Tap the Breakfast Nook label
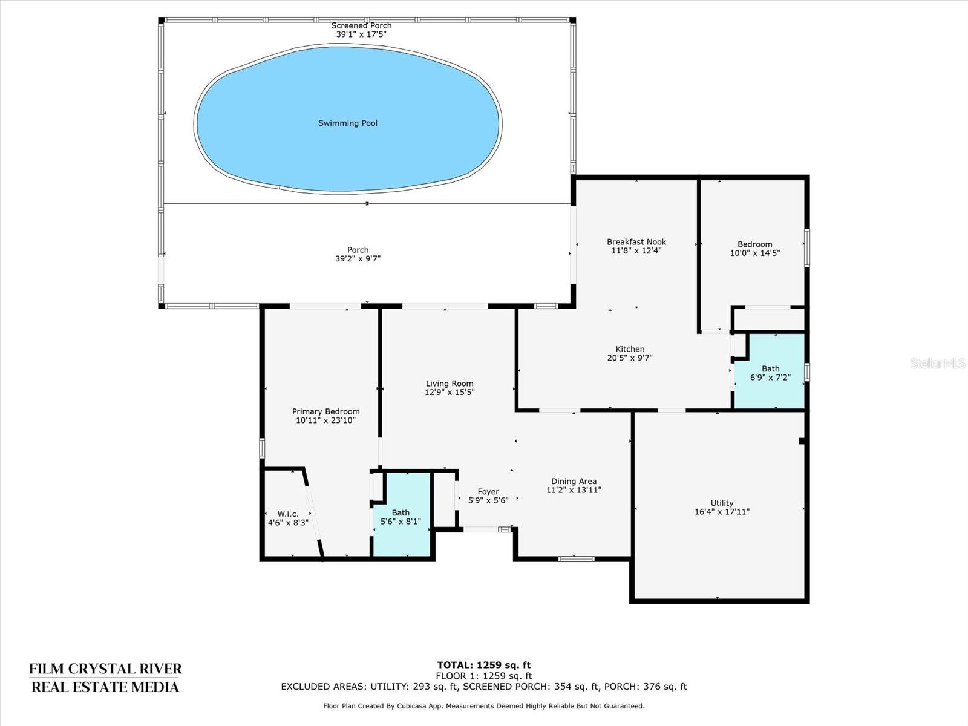click(x=636, y=242)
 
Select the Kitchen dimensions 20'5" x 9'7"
click(x=630, y=358)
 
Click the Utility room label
click(x=722, y=503)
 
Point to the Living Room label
click(x=450, y=384)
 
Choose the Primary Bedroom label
click(x=326, y=412)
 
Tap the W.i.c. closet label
click(x=288, y=514)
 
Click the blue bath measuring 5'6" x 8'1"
click(x=401, y=514)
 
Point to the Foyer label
click(x=488, y=491)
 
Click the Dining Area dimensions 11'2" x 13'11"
click(x=574, y=489)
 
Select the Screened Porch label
click(x=361, y=25)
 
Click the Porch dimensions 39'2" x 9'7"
click(x=358, y=259)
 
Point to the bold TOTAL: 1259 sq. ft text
click(x=484, y=665)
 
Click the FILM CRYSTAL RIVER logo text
click(x=105, y=669)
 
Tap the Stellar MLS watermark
click(x=938, y=364)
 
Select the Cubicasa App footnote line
click(x=484, y=706)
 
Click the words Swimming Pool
click(x=347, y=123)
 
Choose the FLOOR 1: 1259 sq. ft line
click(x=484, y=676)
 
